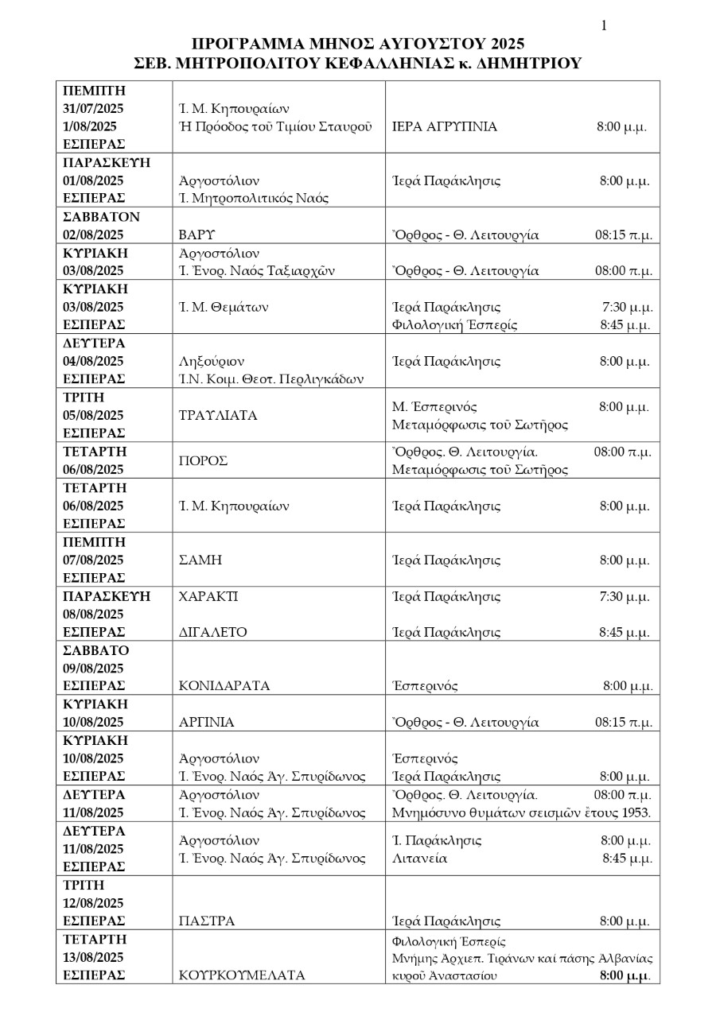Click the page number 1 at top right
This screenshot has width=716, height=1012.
click(605, 26)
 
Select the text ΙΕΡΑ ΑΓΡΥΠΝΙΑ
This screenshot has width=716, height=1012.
click(446, 126)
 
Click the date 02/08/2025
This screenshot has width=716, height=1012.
click(93, 235)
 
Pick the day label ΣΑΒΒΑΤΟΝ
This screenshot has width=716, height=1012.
click(101, 216)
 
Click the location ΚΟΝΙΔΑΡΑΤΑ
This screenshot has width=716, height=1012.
click(225, 685)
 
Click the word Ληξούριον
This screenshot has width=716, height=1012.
click(210, 361)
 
